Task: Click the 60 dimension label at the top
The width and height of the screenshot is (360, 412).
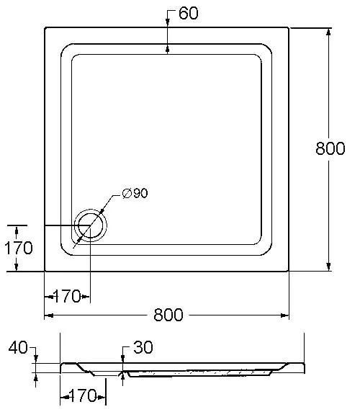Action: (x=188, y=13)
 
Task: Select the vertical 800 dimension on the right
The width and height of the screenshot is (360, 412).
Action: (x=330, y=148)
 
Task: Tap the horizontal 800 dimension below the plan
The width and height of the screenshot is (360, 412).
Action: (x=168, y=315)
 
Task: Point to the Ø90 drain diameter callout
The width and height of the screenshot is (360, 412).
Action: (x=135, y=193)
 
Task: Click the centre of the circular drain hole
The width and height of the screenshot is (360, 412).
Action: (x=91, y=225)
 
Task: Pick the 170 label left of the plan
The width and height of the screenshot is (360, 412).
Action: (x=19, y=248)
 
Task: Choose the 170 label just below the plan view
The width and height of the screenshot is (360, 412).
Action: (x=67, y=296)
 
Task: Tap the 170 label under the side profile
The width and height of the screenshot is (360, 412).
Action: (x=83, y=395)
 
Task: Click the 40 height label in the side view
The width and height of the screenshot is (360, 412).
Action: (x=18, y=347)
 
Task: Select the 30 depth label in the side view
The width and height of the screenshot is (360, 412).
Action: (x=143, y=347)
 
